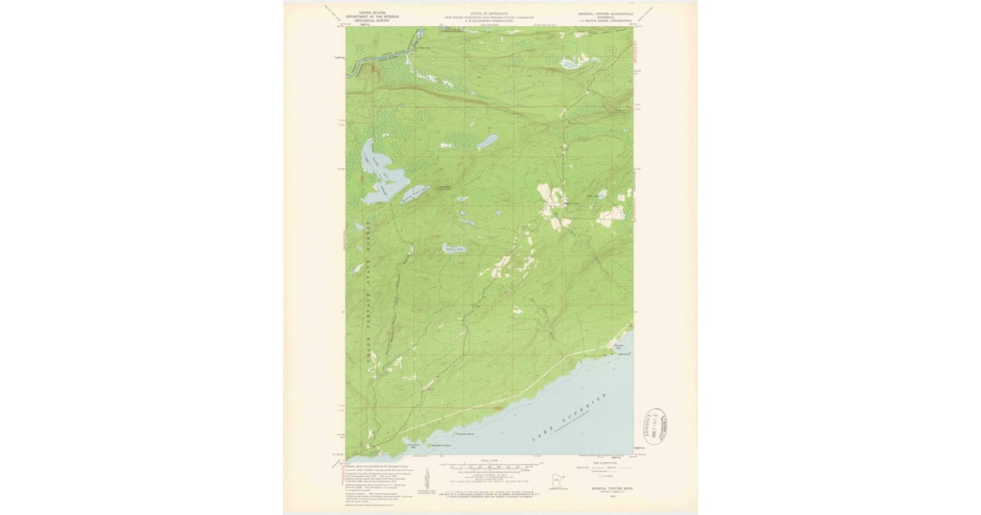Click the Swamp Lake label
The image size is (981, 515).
[454, 249]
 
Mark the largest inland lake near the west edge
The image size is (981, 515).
[374, 171]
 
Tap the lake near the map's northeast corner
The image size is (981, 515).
[568, 62]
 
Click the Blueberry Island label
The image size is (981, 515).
[441, 445]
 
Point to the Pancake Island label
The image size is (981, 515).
[465, 434]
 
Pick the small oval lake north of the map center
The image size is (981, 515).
[486, 142]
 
